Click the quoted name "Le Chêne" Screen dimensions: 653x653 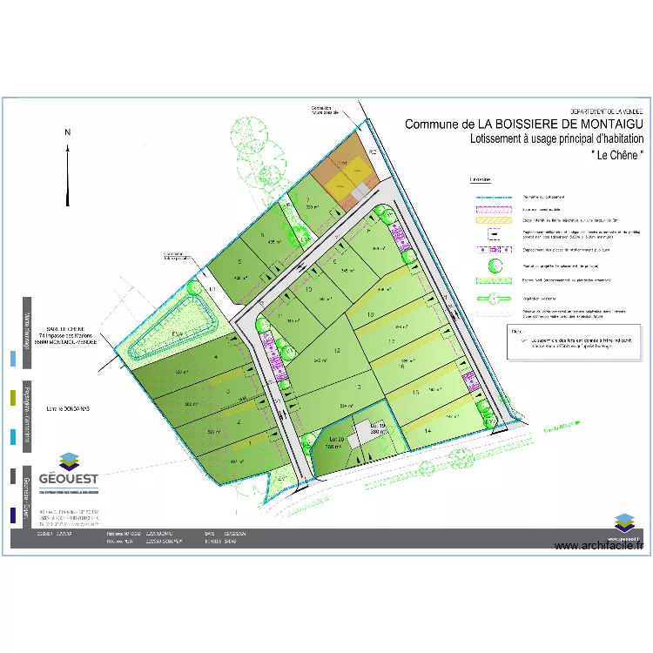617,154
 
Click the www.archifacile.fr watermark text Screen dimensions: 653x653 598,546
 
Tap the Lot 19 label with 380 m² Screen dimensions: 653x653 377,427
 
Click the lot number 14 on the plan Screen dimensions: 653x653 427,430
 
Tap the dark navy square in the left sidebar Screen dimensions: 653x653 12,515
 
